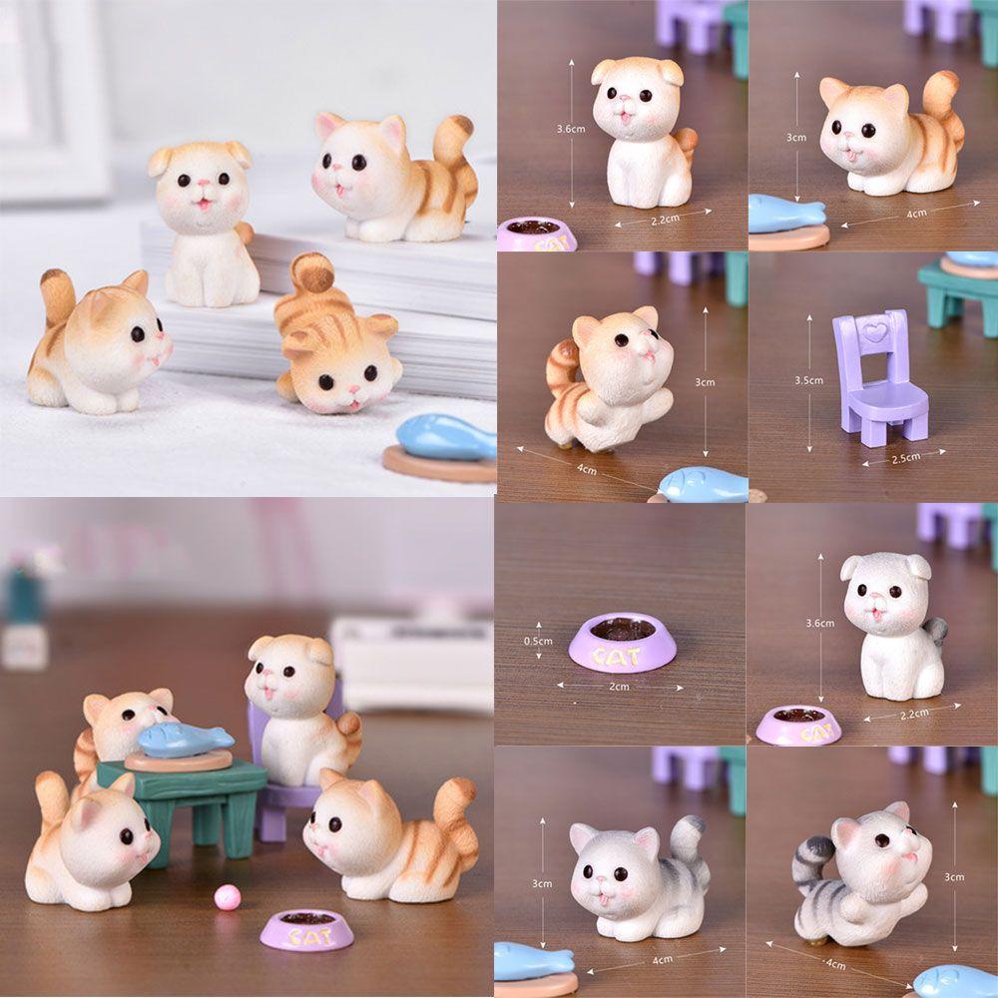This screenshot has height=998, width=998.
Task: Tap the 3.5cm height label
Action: (x=808, y=380)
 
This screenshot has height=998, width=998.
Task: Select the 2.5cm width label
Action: (x=906, y=458)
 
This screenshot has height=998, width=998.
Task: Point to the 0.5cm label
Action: (x=538, y=641)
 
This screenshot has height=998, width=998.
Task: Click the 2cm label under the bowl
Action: (x=619, y=687)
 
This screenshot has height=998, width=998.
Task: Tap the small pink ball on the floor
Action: (x=226, y=897)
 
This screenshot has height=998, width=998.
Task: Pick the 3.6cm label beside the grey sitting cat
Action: (x=819, y=623)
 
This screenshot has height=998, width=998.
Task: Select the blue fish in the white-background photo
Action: (x=445, y=437)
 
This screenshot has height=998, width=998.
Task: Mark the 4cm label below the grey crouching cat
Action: (x=662, y=959)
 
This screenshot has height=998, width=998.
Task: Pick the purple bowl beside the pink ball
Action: (x=306, y=929)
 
